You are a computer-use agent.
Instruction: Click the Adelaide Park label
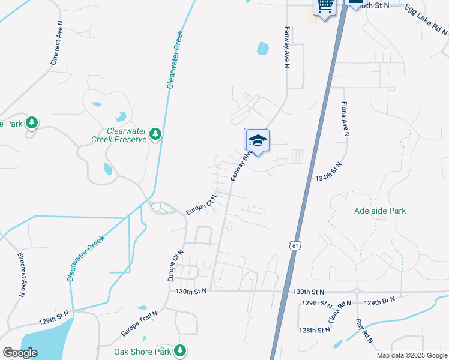coord(380,211)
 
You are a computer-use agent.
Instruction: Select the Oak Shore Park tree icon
coord(179,350)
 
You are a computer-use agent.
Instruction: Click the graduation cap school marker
coord(258,140)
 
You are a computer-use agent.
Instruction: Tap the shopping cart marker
coord(325,7)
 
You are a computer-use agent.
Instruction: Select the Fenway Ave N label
coord(287,47)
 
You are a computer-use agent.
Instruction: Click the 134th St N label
coord(328,172)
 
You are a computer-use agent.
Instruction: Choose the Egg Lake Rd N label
coord(426,19)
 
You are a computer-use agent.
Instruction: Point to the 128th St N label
coord(315,330)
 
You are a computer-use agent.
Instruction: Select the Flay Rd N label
coord(365,331)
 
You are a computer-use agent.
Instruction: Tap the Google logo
coord(20,352)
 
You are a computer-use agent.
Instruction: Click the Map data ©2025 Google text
coord(411,355)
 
